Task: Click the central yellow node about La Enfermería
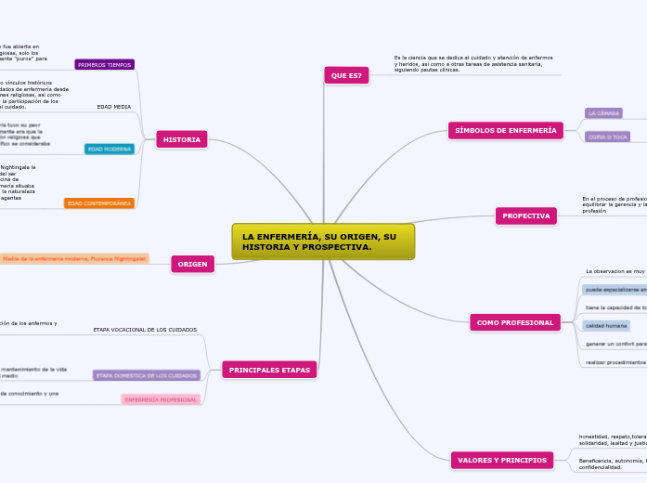323,241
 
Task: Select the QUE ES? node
347,75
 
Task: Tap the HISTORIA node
182,139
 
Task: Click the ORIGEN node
193,264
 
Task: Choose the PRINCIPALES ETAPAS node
269,370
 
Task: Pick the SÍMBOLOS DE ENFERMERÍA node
506,131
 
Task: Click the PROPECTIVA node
526,216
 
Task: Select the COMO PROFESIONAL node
516,322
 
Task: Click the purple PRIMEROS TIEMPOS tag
105,65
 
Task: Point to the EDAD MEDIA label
115,107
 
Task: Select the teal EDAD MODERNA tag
110,149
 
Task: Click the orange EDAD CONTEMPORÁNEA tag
99,203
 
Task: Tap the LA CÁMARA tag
603,113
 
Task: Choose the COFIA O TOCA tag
608,137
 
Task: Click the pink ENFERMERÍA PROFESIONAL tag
161,399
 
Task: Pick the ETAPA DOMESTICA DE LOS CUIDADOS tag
147,375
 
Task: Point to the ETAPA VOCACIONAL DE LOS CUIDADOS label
145,330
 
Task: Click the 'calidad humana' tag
606,325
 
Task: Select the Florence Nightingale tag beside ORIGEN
74,258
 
